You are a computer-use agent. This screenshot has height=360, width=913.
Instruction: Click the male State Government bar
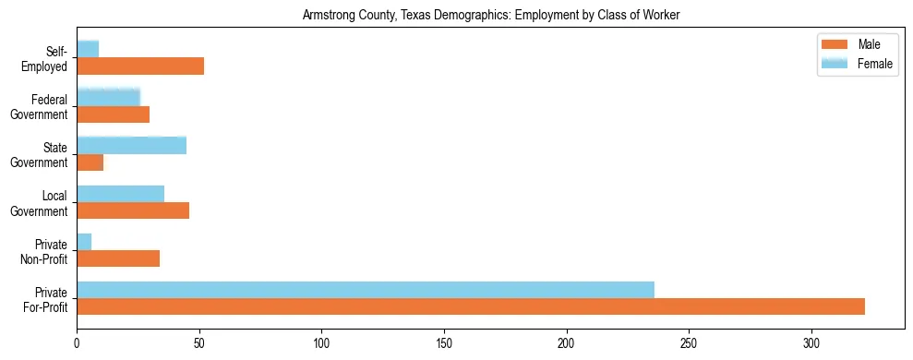pos(90,162)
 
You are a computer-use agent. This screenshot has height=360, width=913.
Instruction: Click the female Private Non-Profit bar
pos(84,242)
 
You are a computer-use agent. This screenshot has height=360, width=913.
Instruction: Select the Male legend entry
pos(854,45)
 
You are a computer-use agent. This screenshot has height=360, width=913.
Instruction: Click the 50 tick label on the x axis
pos(199,343)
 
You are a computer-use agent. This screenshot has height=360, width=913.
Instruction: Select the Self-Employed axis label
pos(47,58)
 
